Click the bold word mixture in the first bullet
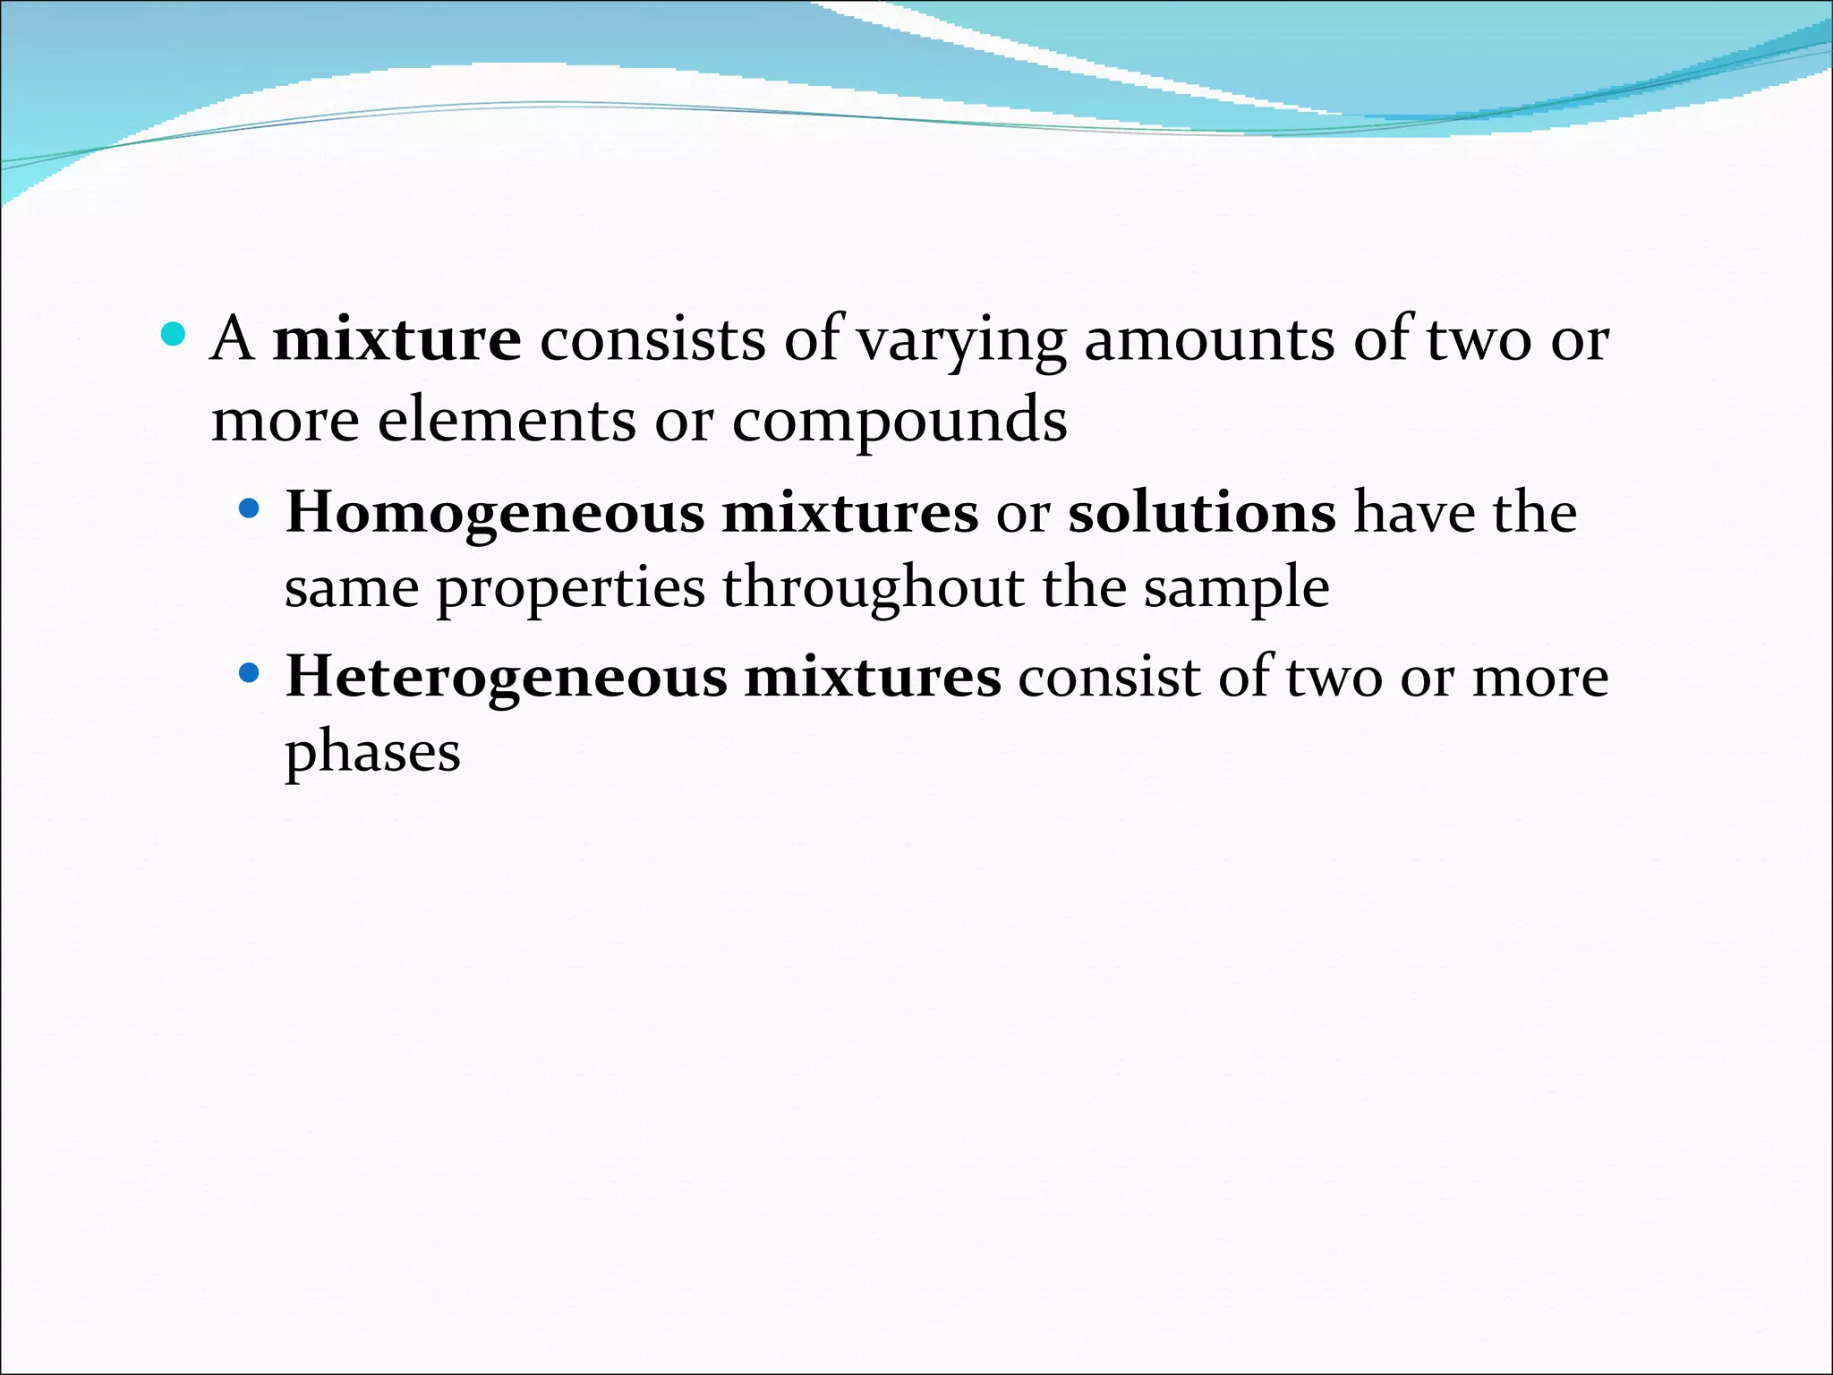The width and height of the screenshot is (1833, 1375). (x=396, y=340)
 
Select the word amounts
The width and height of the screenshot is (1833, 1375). (x=1209, y=340)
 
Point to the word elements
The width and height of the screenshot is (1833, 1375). (x=507, y=420)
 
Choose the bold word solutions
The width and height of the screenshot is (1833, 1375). (x=1202, y=512)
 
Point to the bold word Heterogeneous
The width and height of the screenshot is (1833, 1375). (x=506, y=677)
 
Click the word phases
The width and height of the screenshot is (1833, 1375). (x=372, y=752)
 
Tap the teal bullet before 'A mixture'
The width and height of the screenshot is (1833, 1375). (x=173, y=337)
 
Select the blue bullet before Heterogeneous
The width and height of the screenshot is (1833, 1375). (x=249, y=672)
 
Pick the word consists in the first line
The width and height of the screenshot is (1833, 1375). (x=652, y=340)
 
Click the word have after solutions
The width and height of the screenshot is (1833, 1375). (x=1414, y=512)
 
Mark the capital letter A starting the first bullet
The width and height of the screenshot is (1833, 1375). (x=232, y=338)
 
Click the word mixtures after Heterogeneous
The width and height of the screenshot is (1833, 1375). (x=873, y=677)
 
